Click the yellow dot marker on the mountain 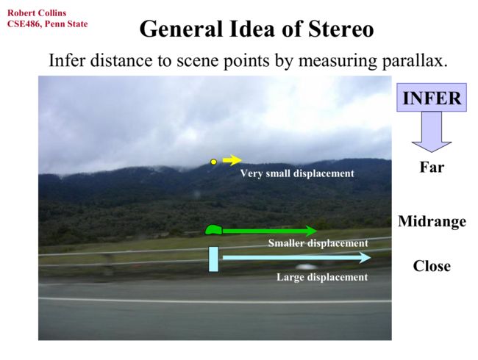click(x=214, y=162)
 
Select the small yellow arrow click(x=232, y=160)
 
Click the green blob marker click(x=214, y=230)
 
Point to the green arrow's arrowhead click(x=311, y=231)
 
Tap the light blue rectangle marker click(x=213, y=259)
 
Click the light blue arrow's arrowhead click(x=365, y=258)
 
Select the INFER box click(x=432, y=98)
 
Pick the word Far click(x=432, y=167)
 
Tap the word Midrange click(x=432, y=221)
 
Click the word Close click(x=432, y=266)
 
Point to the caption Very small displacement click(x=297, y=173)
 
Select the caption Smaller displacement click(x=318, y=243)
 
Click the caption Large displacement click(x=322, y=277)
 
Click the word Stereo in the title click(x=340, y=29)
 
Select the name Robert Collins click(x=37, y=13)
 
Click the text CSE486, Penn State click(x=48, y=24)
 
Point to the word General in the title click(x=181, y=29)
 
